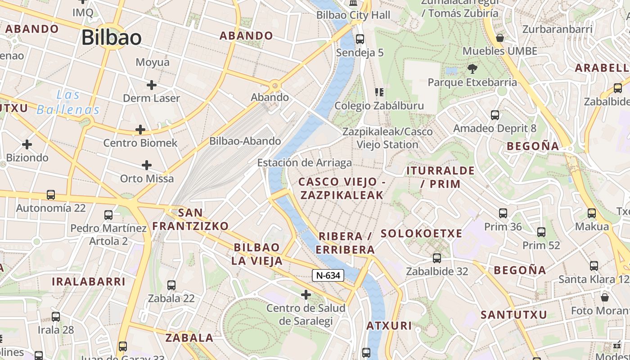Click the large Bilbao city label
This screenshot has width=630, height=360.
coord(112,38)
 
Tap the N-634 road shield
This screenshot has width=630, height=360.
coord(328,275)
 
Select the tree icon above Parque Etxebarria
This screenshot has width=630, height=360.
coord(472,69)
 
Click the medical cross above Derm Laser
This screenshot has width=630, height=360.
coord(152,85)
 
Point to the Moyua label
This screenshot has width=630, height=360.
coord(153,62)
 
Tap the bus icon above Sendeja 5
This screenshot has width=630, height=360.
coord(360,39)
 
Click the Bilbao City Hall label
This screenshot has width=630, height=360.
coord(353,15)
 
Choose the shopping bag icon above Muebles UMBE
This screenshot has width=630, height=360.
coord(499,38)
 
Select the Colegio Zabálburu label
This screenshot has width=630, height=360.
coord(379,106)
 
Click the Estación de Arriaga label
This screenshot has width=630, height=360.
coord(305,162)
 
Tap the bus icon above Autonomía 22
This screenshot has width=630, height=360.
coord(51,195)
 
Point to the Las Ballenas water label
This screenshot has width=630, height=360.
coord(68,102)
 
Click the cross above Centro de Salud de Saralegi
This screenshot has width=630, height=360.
coord(306,295)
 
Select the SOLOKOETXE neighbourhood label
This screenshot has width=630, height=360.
coord(421,234)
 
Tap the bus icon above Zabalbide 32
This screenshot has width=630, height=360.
coord(437,258)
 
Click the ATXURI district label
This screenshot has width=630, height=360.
coord(389,325)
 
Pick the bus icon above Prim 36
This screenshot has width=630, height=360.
coord(503,213)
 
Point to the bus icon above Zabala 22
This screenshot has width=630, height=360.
coord(171,285)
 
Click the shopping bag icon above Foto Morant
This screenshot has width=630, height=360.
coord(605,297)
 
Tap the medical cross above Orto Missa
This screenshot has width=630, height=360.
coord(147,165)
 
